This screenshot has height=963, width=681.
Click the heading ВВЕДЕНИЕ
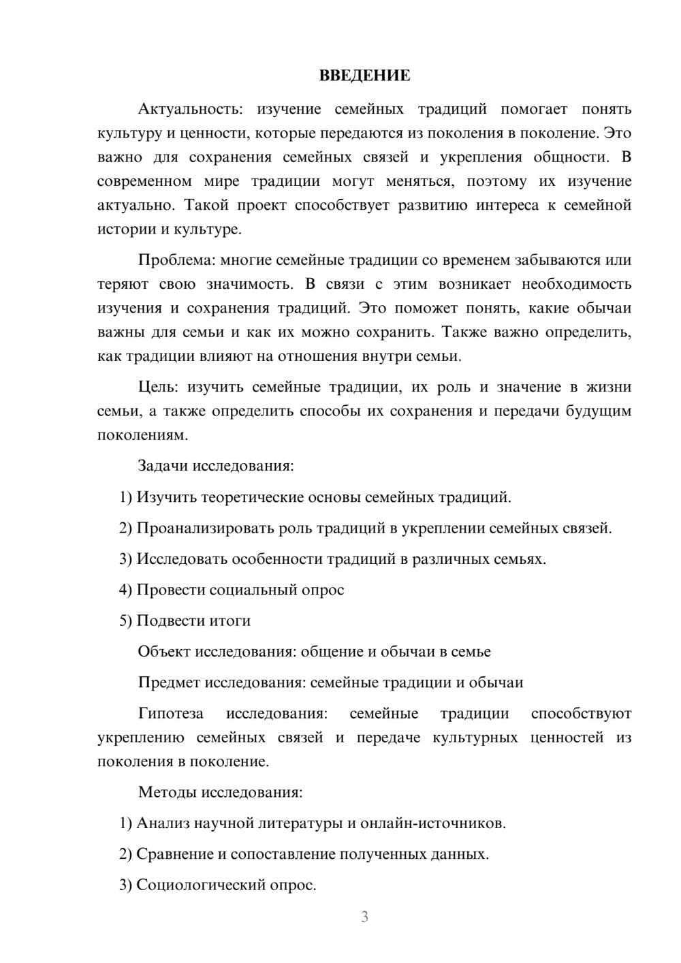[364, 76]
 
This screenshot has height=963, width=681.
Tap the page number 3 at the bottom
[364, 917]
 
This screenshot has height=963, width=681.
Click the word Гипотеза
[171, 714]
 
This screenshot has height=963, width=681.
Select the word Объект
[164, 652]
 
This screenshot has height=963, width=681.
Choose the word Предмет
[169, 682]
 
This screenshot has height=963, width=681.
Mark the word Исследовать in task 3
[182, 559]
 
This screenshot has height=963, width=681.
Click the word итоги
[231, 621]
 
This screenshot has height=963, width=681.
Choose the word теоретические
[253, 497]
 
